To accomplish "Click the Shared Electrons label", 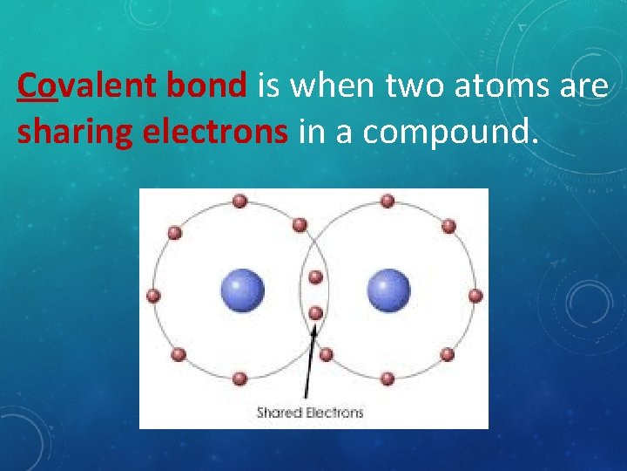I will coord(310,412).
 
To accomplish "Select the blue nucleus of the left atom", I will coord(242,290).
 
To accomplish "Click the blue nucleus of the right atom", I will coord(388,290).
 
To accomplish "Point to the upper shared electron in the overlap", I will coord(316,277).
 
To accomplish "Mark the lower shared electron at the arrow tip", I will coord(316,312).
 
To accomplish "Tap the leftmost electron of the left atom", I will coord(154,296).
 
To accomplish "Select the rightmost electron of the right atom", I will coord(475,296).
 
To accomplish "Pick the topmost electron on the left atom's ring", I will coord(240,201).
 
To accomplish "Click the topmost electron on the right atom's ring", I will coord(388,201).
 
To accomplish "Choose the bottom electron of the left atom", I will coord(240,379).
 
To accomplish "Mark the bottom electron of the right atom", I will coord(388,379).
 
